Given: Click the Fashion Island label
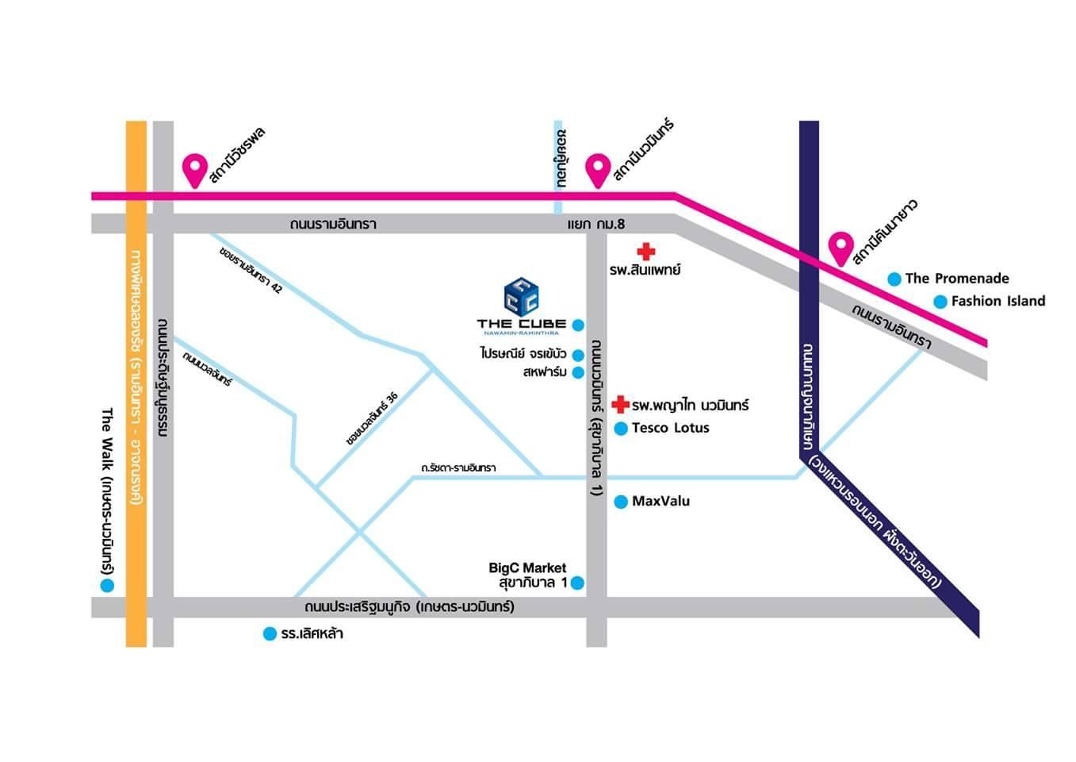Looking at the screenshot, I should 998,301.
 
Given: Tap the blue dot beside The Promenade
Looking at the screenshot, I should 894,279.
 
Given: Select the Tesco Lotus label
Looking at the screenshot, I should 670,428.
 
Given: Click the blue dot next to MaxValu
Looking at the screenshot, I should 622,502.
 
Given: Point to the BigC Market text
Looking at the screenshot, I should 527,568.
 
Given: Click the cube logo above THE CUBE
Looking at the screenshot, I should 521,295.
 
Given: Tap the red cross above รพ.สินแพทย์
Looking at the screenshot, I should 646,252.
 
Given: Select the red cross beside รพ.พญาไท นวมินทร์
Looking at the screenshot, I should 621,404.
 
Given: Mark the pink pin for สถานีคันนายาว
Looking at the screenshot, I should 840,248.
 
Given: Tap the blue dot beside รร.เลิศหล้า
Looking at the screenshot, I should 270,634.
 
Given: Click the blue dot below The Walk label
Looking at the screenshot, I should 107,586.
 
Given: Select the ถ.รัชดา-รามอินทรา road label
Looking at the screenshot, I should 458,468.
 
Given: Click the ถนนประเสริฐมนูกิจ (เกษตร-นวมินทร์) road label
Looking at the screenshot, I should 409,607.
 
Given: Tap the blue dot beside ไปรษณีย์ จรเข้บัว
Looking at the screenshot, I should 578,356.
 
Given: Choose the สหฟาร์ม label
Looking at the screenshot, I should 545,372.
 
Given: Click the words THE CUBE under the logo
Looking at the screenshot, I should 521,324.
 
